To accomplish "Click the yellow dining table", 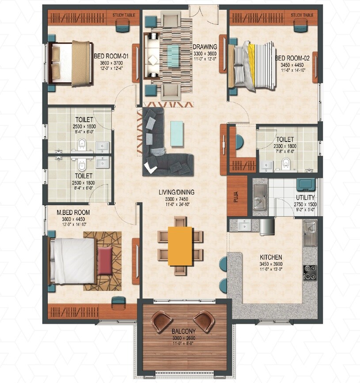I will click(180, 246).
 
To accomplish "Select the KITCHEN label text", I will click(271, 257).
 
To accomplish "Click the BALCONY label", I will click(184, 330).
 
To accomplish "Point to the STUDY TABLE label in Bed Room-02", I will click(302, 15).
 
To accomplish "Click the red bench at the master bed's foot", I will click(105, 261).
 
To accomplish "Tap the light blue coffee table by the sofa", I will click(176, 133).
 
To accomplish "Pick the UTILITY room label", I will click(305, 198).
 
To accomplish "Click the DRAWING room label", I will click(205, 47).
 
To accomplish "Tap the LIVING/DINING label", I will click(177, 192).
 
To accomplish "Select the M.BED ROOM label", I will click(73, 213).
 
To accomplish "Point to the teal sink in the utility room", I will click(305, 184).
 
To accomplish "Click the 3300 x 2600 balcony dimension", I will click(184, 337).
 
